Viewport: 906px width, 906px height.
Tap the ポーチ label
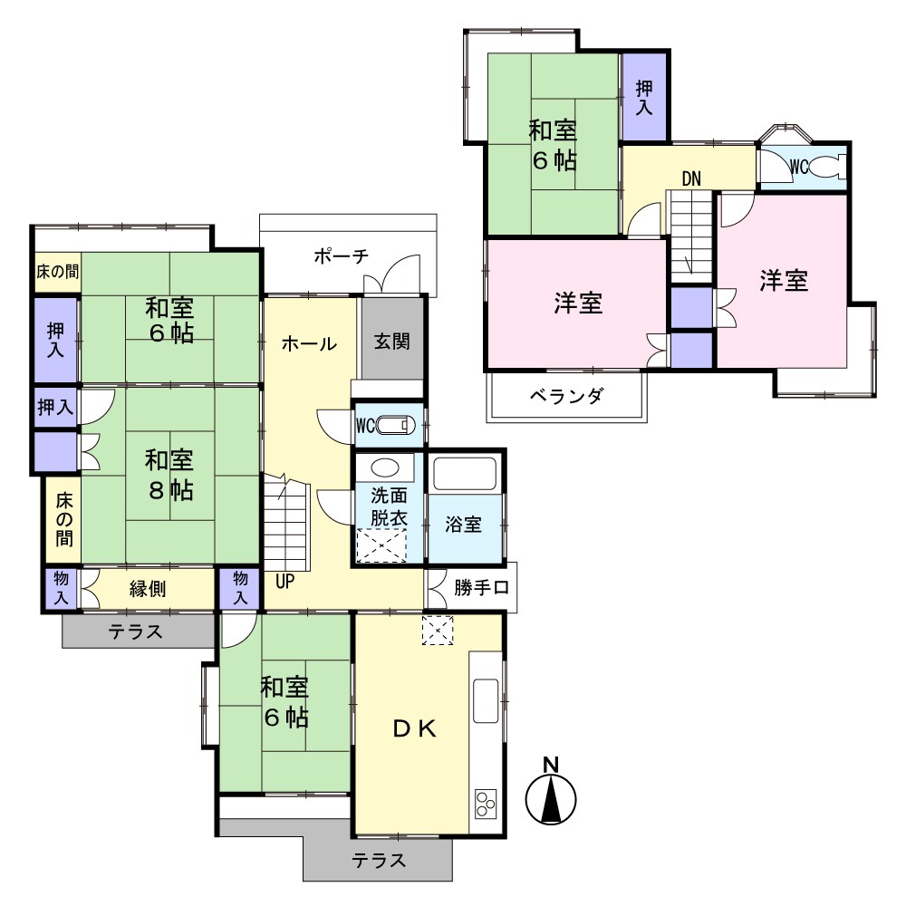(x=341, y=255)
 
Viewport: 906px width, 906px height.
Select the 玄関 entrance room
(x=391, y=339)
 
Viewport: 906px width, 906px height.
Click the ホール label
(x=309, y=343)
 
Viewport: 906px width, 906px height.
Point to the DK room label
(x=414, y=729)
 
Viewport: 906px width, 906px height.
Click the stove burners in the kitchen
(x=486, y=803)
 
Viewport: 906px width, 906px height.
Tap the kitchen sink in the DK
(x=486, y=701)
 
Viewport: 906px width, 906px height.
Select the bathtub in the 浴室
(x=465, y=474)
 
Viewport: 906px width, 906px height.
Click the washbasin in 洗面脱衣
(x=384, y=467)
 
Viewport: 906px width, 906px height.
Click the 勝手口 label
(x=481, y=588)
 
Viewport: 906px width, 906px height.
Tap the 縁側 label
(x=148, y=590)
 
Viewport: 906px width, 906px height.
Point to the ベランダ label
(x=566, y=397)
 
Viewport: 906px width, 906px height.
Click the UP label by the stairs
(x=284, y=582)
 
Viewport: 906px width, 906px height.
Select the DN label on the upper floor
(x=691, y=179)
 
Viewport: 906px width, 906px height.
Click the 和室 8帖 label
(x=169, y=475)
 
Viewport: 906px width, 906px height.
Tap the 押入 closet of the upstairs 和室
(x=643, y=97)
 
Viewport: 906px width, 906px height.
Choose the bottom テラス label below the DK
(x=379, y=861)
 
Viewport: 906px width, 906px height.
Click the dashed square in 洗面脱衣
(x=381, y=545)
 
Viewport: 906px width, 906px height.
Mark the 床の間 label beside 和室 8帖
(x=64, y=519)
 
